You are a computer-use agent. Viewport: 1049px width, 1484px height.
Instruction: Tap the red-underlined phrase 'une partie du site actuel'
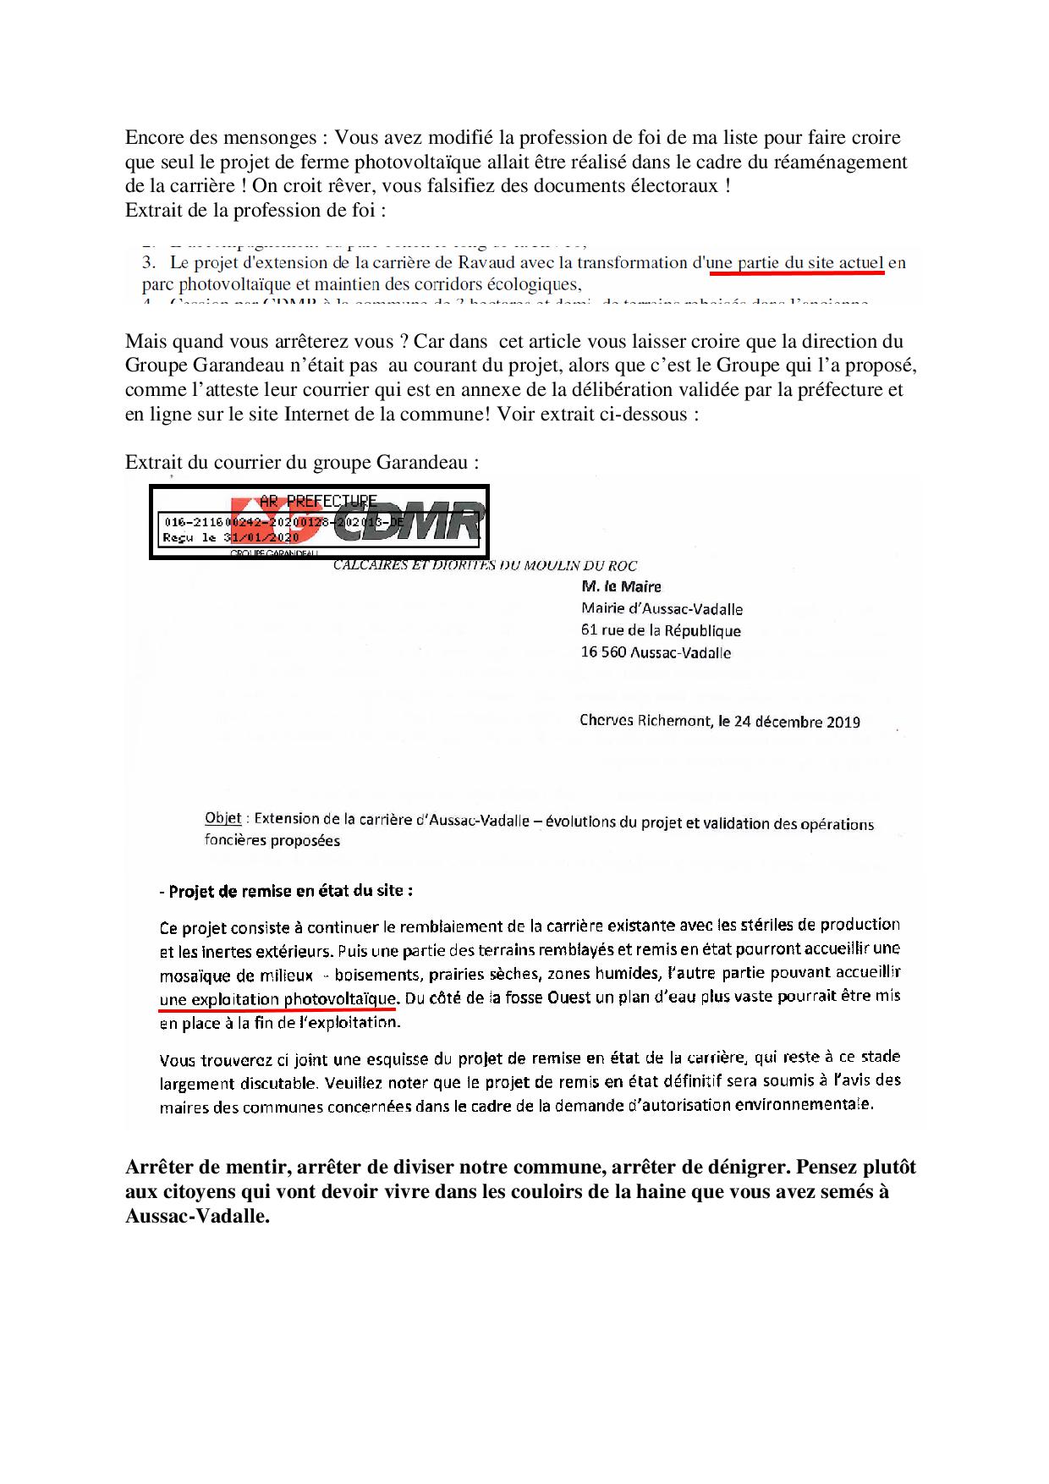coord(796,263)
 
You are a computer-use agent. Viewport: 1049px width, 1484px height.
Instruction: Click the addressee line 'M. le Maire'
coord(622,586)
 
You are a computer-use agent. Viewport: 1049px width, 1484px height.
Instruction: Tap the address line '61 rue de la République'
coord(661,630)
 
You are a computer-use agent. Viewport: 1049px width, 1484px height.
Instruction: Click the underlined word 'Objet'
coord(222,818)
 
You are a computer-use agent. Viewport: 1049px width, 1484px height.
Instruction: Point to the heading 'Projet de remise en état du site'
coord(291,891)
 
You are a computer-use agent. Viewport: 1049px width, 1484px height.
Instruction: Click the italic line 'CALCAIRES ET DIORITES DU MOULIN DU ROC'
coord(485,565)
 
